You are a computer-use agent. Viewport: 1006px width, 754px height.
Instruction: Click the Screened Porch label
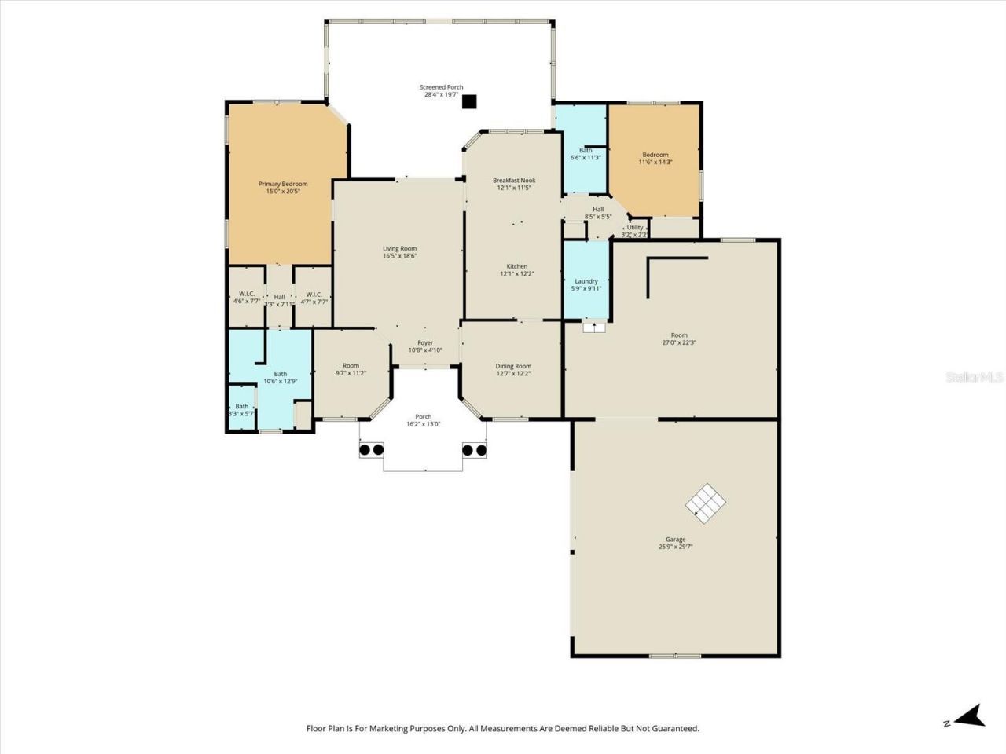pyautogui.click(x=441, y=87)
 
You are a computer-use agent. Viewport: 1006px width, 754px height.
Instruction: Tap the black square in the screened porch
pyautogui.click(x=469, y=101)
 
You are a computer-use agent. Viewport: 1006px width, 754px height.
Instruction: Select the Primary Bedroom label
pyautogui.click(x=283, y=184)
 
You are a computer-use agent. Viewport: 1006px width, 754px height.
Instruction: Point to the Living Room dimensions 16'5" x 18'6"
pyautogui.click(x=399, y=256)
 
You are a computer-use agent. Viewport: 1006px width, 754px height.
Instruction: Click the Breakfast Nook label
pyautogui.click(x=514, y=180)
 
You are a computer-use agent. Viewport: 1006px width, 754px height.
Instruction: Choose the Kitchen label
pyautogui.click(x=516, y=266)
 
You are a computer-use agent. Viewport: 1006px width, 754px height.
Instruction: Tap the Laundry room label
pyautogui.click(x=586, y=281)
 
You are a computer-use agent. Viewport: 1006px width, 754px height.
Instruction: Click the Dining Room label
pyautogui.click(x=513, y=366)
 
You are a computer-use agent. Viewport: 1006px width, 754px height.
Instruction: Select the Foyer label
pyautogui.click(x=425, y=342)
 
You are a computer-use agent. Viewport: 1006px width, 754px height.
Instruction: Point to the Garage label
pyautogui.click(x=676, y=539)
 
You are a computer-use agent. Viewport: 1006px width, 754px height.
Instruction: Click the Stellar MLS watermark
pyautogui.click(x=975, y=378)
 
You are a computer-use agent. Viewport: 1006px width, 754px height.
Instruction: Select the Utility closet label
pyautogui.click(x=634, y=228)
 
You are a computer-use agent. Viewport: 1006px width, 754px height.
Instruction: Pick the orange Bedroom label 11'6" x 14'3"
pyautogui.click(x=655, y=155)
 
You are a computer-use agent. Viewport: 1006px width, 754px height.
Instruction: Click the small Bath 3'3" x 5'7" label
pyautogui.click(x=241, y=406)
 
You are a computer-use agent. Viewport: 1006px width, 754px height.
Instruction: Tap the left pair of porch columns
pyautogui.click(x=371, y=450)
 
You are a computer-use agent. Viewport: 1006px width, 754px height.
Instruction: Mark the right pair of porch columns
pyautogui.click(x=474, y=450)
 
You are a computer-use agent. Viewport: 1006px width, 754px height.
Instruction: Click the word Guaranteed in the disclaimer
pyautogui.click(x=674, y=729)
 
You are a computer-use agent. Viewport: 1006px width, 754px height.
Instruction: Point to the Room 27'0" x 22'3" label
pyautogui.click(x=678, y=335)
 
